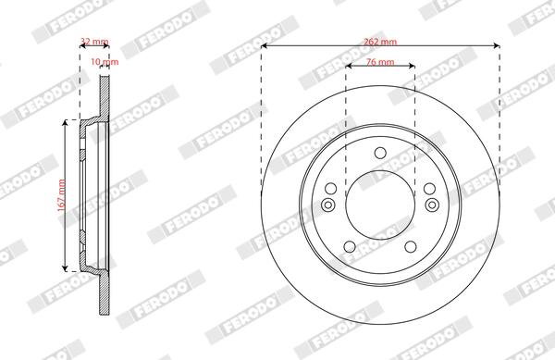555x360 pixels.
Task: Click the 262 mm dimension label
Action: [x=380, y=42]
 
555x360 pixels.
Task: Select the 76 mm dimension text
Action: [x=380, y=62]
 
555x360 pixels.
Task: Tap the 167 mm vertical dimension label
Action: [x=62, y=196]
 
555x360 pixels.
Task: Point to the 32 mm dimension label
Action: [x=94, y=42]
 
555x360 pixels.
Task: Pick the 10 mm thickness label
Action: [x=105, y=62]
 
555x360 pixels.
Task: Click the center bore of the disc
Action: [x=380, y=205]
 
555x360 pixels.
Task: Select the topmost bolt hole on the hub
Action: [x=380, y=153]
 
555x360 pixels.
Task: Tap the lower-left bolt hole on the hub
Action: [x=350, y=247]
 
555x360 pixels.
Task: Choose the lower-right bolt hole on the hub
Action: [x=411, y=247]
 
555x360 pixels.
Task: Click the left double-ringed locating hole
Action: [x=328, y=205]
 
